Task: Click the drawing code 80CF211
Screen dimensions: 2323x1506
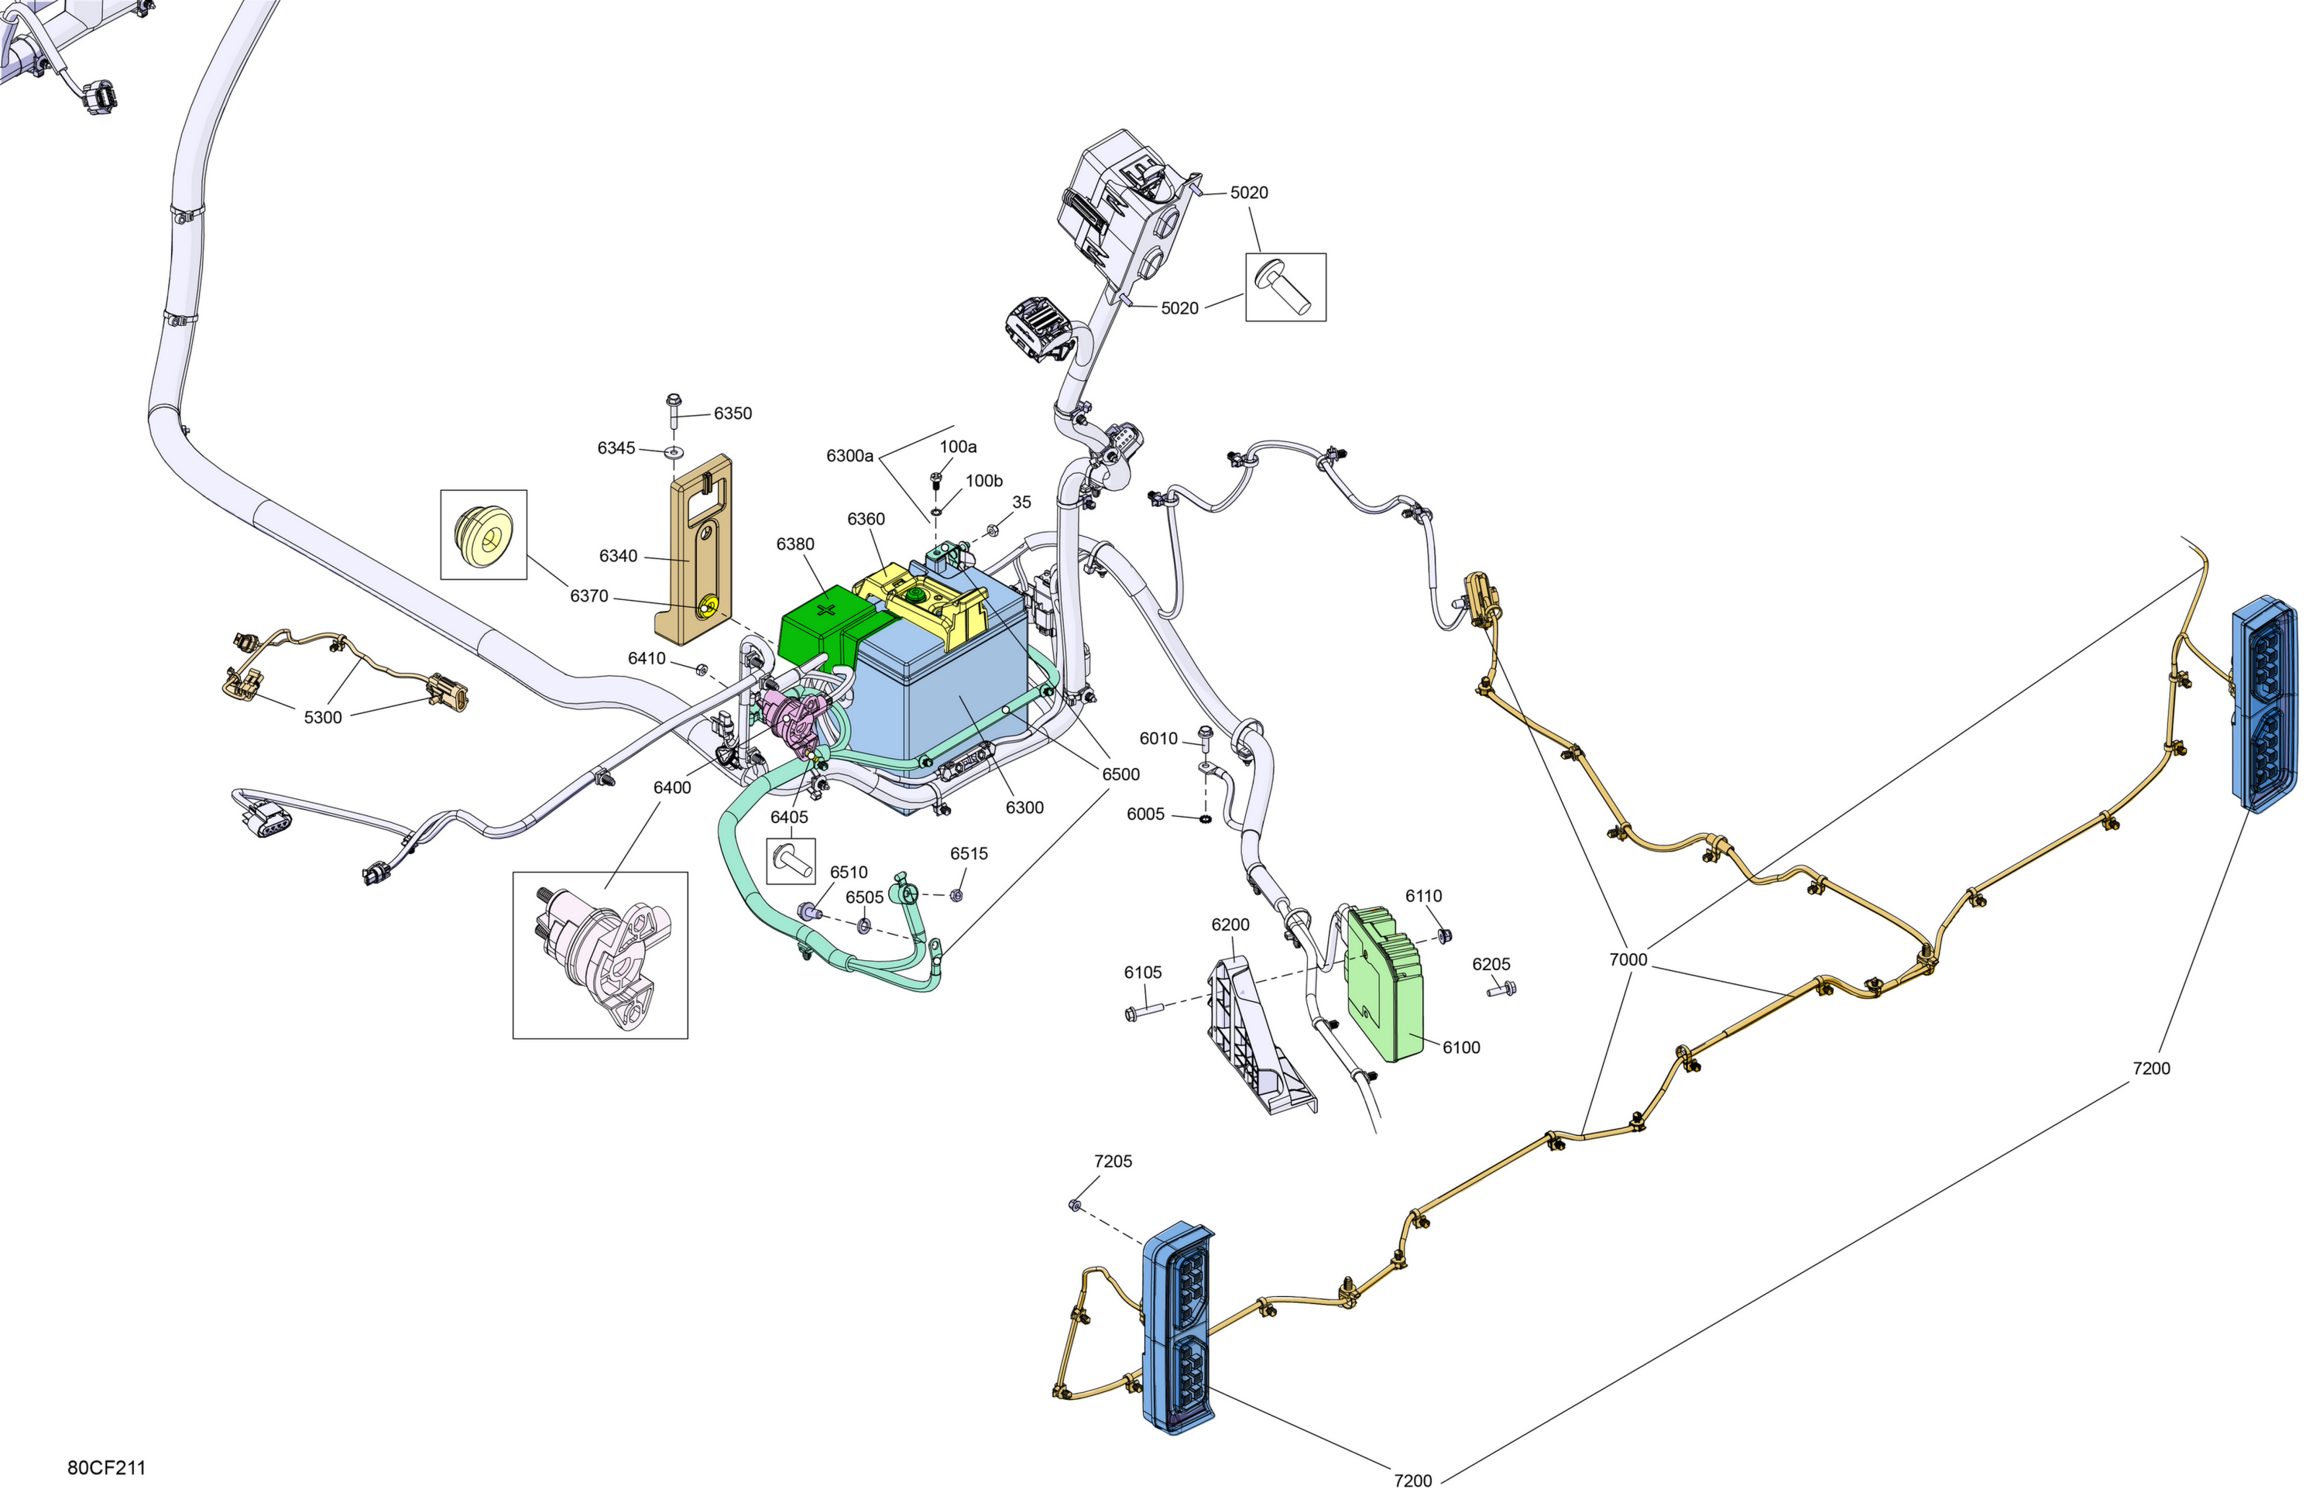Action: [x=106, y=1468]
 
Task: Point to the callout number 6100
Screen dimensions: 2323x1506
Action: [x=1461, y=1048]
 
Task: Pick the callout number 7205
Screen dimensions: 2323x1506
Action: [x=1113, y=1161]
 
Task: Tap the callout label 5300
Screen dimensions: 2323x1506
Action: [x=323, y=717]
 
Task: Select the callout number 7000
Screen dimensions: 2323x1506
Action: [x=1628, y=959]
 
